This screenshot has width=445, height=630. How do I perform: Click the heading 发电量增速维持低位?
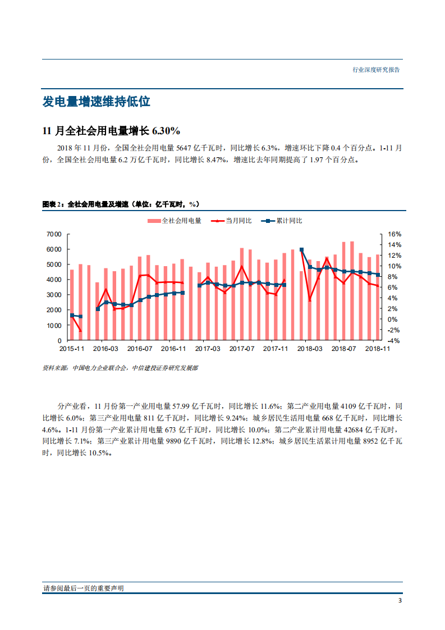[x=97, y=102]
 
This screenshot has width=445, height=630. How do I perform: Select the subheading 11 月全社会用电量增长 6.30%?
[x=111, y=131]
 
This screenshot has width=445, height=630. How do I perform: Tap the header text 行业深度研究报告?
[x=376, y=70]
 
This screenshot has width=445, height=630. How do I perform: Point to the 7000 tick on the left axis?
[x=54, y=234]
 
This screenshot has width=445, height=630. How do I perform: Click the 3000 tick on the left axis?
[x=54, y=295]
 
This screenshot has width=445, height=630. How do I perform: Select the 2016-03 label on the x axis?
[x=105, y=349]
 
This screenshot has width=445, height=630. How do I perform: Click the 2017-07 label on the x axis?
[x=242, y=349]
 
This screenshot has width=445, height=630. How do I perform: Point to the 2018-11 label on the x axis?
[x=378, y=349]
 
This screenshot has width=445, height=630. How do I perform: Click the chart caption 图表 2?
[x=53, y=204]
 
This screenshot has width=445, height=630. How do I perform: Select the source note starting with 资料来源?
[x=120, y=368]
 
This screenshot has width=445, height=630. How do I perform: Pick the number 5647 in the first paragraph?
[x=185, y=148]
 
